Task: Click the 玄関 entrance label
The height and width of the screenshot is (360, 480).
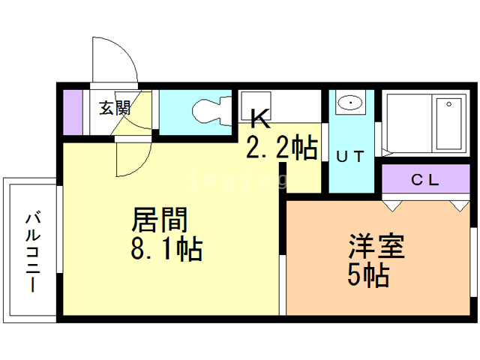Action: tap(114, 107)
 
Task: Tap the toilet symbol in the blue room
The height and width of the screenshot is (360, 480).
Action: tap(207, 112)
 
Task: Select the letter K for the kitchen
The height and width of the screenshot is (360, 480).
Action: tap(259, 118)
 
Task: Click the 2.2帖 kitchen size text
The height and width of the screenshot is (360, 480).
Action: tap(281, 148)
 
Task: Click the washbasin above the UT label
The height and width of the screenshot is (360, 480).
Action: tap(349, 103)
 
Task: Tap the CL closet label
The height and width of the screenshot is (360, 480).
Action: tap(424, 180)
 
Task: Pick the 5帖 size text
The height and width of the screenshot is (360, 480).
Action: tap(367, 277)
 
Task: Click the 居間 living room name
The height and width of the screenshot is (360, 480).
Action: tap(159, 220)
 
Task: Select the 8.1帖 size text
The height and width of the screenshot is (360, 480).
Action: tap(166, 249)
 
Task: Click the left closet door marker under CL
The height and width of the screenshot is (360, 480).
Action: tap(391, 203)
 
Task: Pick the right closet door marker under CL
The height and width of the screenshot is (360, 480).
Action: tap(458, 203)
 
